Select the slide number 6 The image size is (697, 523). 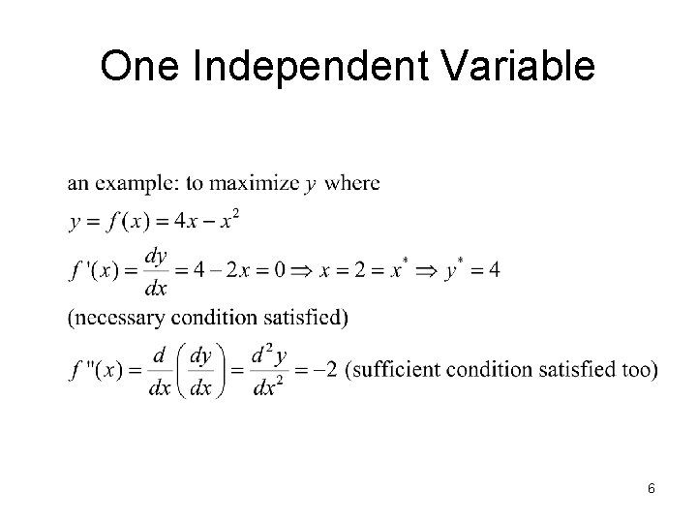[652, 488]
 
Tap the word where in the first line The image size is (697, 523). [352, 182]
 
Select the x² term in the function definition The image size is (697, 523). [228, 222]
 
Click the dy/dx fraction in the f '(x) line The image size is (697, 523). [154, 270]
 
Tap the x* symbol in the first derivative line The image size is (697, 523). [397, 268]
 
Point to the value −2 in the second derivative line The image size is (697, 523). [326, 370]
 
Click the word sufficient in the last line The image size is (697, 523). [393, 370]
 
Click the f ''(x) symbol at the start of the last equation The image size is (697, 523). [97, 370]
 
